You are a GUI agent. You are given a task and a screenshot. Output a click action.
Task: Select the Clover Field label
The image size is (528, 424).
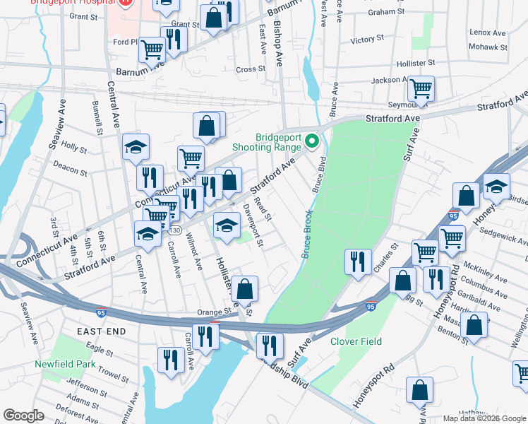click(x=356, y=341)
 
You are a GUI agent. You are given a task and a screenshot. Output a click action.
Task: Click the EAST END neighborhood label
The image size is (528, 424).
click(x=102, y=331)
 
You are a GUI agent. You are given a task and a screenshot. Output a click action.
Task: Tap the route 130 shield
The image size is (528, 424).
click(x=174, y=230)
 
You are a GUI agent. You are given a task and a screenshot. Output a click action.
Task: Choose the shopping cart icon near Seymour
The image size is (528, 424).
click(x=421, y=89)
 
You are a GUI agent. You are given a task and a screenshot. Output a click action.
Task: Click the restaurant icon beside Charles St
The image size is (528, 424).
click(x=359, y=261)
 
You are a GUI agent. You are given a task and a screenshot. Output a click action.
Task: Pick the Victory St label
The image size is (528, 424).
click(x=366, y=39)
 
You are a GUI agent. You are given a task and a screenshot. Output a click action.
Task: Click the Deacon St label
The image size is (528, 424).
click(x=73, y=172)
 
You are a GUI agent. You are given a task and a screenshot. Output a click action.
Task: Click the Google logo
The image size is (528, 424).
click(x=23, y=416)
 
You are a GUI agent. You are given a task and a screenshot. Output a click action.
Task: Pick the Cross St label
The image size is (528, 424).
click(x=250, y=69)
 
